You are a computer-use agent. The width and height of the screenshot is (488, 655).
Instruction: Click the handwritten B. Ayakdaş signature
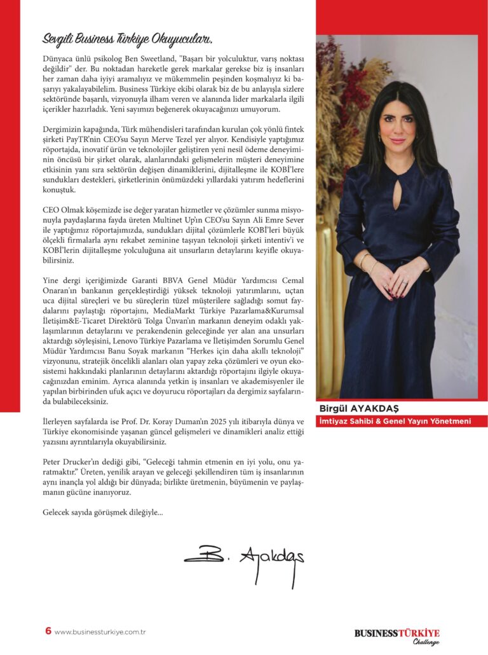pyautogui.click(x=245, y=557)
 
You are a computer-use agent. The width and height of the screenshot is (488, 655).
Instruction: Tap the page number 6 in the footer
pyautogui.click(x=48, y=631)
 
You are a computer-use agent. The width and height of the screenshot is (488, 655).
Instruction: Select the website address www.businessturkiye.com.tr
pyautogui.click(x=101, y=632)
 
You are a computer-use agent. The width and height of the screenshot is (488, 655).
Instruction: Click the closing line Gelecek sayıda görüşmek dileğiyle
pyautogui.click(x=102, y=511)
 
